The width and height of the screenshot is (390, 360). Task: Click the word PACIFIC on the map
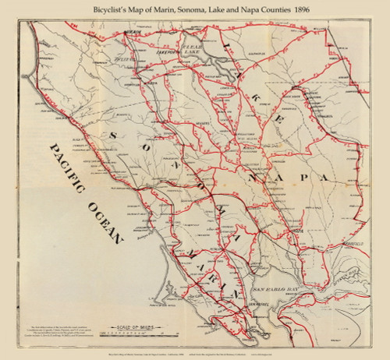[67, 168]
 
